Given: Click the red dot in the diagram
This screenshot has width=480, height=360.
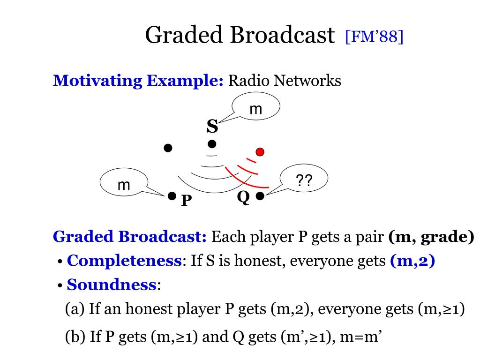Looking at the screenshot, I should [260, 151].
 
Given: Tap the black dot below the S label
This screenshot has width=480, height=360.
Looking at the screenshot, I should [212, 143].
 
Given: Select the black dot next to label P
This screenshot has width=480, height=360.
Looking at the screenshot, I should [172, 195].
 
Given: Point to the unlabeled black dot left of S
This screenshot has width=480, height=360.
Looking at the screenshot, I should [168, 148].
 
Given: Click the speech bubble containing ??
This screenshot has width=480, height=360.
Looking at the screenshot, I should [304, 180].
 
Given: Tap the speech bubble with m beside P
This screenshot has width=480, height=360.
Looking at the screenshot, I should [124, 185].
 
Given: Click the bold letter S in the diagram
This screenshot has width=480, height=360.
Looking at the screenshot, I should [212, 127].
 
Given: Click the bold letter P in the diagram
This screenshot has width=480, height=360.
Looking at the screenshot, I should [187, 201].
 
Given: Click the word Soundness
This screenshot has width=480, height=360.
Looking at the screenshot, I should [111, 284].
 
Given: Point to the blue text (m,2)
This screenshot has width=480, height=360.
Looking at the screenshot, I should [412, 261].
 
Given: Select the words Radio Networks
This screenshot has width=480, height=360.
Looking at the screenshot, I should [285, 81].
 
